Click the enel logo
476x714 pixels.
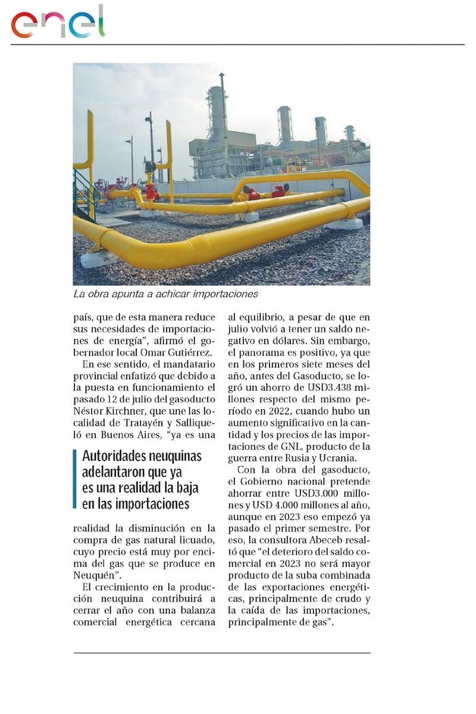tap(58, 23)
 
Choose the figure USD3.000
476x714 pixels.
tap(318, 493)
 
